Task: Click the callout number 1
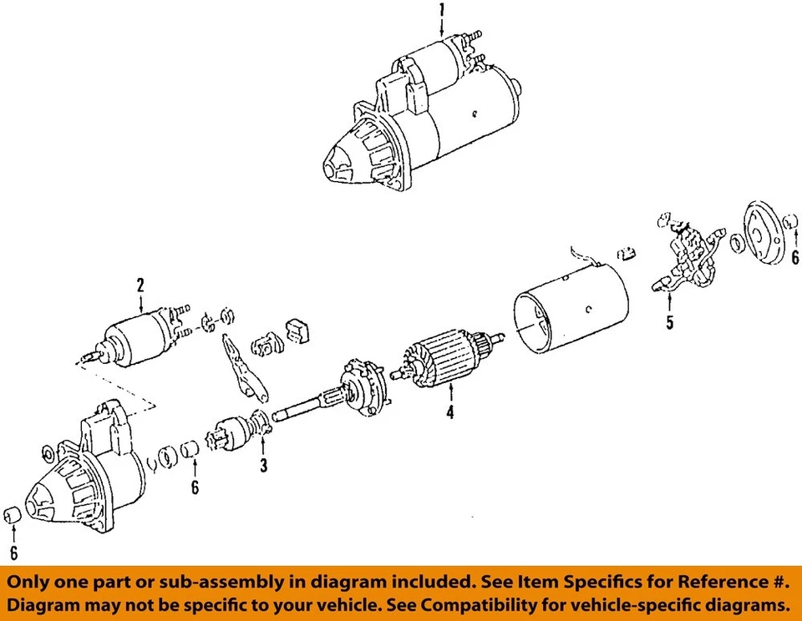pos(442,11)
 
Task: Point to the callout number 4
pos(449,411)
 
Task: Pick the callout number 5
pos(669,323)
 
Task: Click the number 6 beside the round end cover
pos(794,259)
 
